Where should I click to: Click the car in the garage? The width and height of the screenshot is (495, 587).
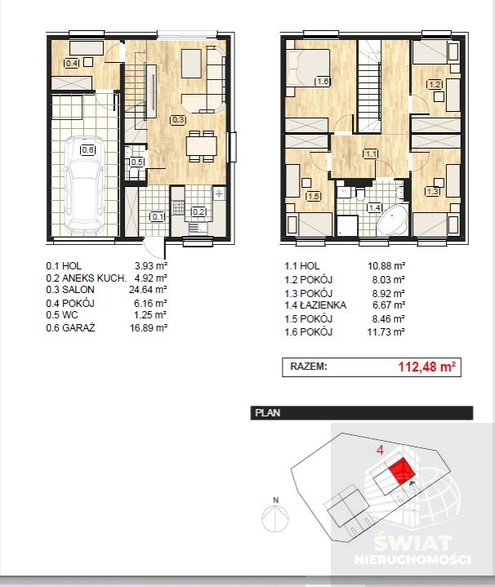84,186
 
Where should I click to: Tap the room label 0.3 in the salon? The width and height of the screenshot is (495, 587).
178,120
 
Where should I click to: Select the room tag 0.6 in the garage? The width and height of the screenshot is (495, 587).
88,150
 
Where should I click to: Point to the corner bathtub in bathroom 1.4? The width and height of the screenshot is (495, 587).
392,220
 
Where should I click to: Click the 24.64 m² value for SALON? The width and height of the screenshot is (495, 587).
148,289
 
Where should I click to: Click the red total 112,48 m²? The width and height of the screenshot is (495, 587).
426,367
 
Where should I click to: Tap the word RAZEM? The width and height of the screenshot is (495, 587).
309,366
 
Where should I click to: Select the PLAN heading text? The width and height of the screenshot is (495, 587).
267,413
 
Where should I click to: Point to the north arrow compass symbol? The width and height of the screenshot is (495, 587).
275,518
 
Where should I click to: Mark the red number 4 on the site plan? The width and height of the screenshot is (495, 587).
380,450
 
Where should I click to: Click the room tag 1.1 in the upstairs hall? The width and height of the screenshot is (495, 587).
371,153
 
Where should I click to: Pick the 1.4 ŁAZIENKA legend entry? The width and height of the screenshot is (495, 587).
315,305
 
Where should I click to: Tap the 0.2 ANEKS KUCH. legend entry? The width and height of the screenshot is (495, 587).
86,278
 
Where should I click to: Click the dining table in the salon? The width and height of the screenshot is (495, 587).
202,146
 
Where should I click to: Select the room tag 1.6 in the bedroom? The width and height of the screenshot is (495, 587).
322,82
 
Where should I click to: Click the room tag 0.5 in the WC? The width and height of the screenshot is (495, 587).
136,162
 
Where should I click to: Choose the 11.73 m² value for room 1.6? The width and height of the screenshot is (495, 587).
386,332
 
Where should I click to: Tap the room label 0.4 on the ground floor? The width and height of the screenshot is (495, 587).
72,63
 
